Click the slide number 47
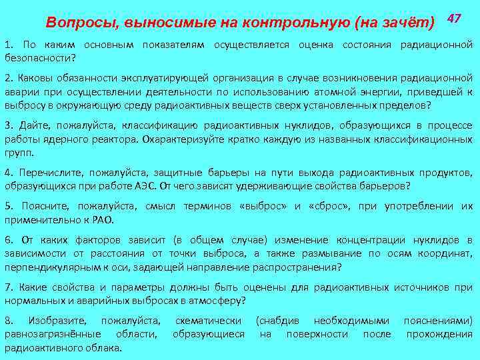pyautogui.click(x=455, y=18)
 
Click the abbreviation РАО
pyautogui.click(x=102, y=219)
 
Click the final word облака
pyautogui.click(x=103, y=347)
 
